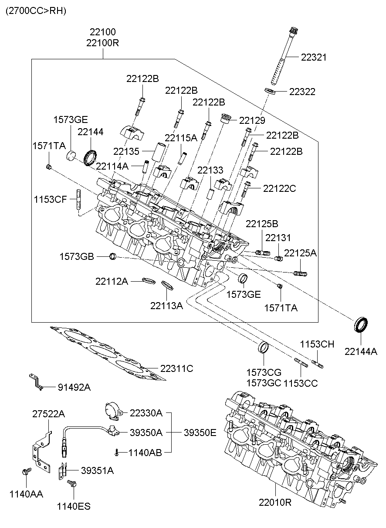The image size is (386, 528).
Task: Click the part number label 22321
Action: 314,57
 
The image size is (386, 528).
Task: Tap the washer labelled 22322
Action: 270,91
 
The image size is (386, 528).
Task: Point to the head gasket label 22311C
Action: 176,368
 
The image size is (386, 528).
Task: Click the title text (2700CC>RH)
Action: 36,11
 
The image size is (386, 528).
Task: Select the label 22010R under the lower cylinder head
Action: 275,503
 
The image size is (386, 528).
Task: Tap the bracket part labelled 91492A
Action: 35,382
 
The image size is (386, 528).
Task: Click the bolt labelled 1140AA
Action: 26,472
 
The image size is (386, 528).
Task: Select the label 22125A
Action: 300,253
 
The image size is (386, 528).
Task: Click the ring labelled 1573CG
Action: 264,348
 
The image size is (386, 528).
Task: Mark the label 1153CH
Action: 317,344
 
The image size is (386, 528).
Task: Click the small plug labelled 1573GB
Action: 113,256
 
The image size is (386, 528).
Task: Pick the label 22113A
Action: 166,306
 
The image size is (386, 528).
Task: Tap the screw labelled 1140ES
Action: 72,484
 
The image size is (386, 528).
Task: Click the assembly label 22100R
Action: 102,43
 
